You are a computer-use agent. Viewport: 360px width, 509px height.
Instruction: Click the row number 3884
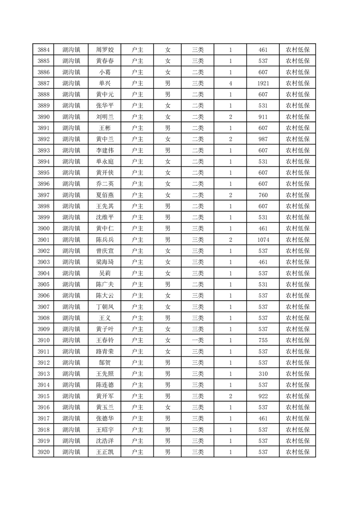click(44, 50)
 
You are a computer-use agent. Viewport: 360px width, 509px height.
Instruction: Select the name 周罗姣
click(105, 50)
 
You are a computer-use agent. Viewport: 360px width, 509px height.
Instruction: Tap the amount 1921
click(263, 83)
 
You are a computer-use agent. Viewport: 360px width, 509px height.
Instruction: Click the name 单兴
click(105, 83)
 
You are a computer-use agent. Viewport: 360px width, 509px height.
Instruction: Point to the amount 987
click(263, 139)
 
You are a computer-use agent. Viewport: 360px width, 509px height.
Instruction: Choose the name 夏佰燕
click(105, 195)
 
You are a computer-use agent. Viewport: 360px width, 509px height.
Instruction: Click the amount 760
click(263, 195)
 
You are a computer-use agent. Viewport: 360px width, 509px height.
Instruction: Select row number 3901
click(44, 240)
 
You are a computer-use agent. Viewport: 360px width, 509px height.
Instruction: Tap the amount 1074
click(263, 240)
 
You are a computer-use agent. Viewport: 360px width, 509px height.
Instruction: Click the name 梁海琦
click(105, 262)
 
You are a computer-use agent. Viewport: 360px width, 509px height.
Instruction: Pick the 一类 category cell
click(197, 340)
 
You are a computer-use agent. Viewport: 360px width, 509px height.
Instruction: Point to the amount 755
click(263, 340)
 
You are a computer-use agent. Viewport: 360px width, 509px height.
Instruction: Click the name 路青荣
click(105, 352)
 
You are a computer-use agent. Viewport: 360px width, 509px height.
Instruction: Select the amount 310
click(263, 374)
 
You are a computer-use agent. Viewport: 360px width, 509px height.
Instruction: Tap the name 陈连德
click(105, 385)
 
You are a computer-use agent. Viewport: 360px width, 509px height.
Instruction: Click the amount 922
click(263, 396)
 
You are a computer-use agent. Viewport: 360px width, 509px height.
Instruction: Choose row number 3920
click(44, 452)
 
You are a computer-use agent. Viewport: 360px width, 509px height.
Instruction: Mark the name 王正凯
click(105, 452)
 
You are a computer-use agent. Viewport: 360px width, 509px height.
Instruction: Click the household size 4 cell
click(231, 83)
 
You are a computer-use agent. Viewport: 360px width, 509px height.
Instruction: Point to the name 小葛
click(105, 72)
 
